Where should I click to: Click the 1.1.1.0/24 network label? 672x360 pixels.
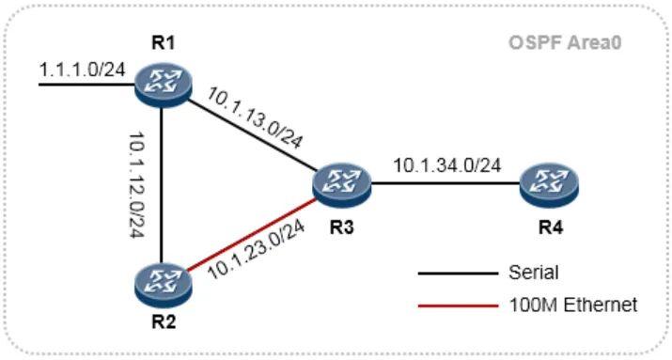[x=76, y=69]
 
